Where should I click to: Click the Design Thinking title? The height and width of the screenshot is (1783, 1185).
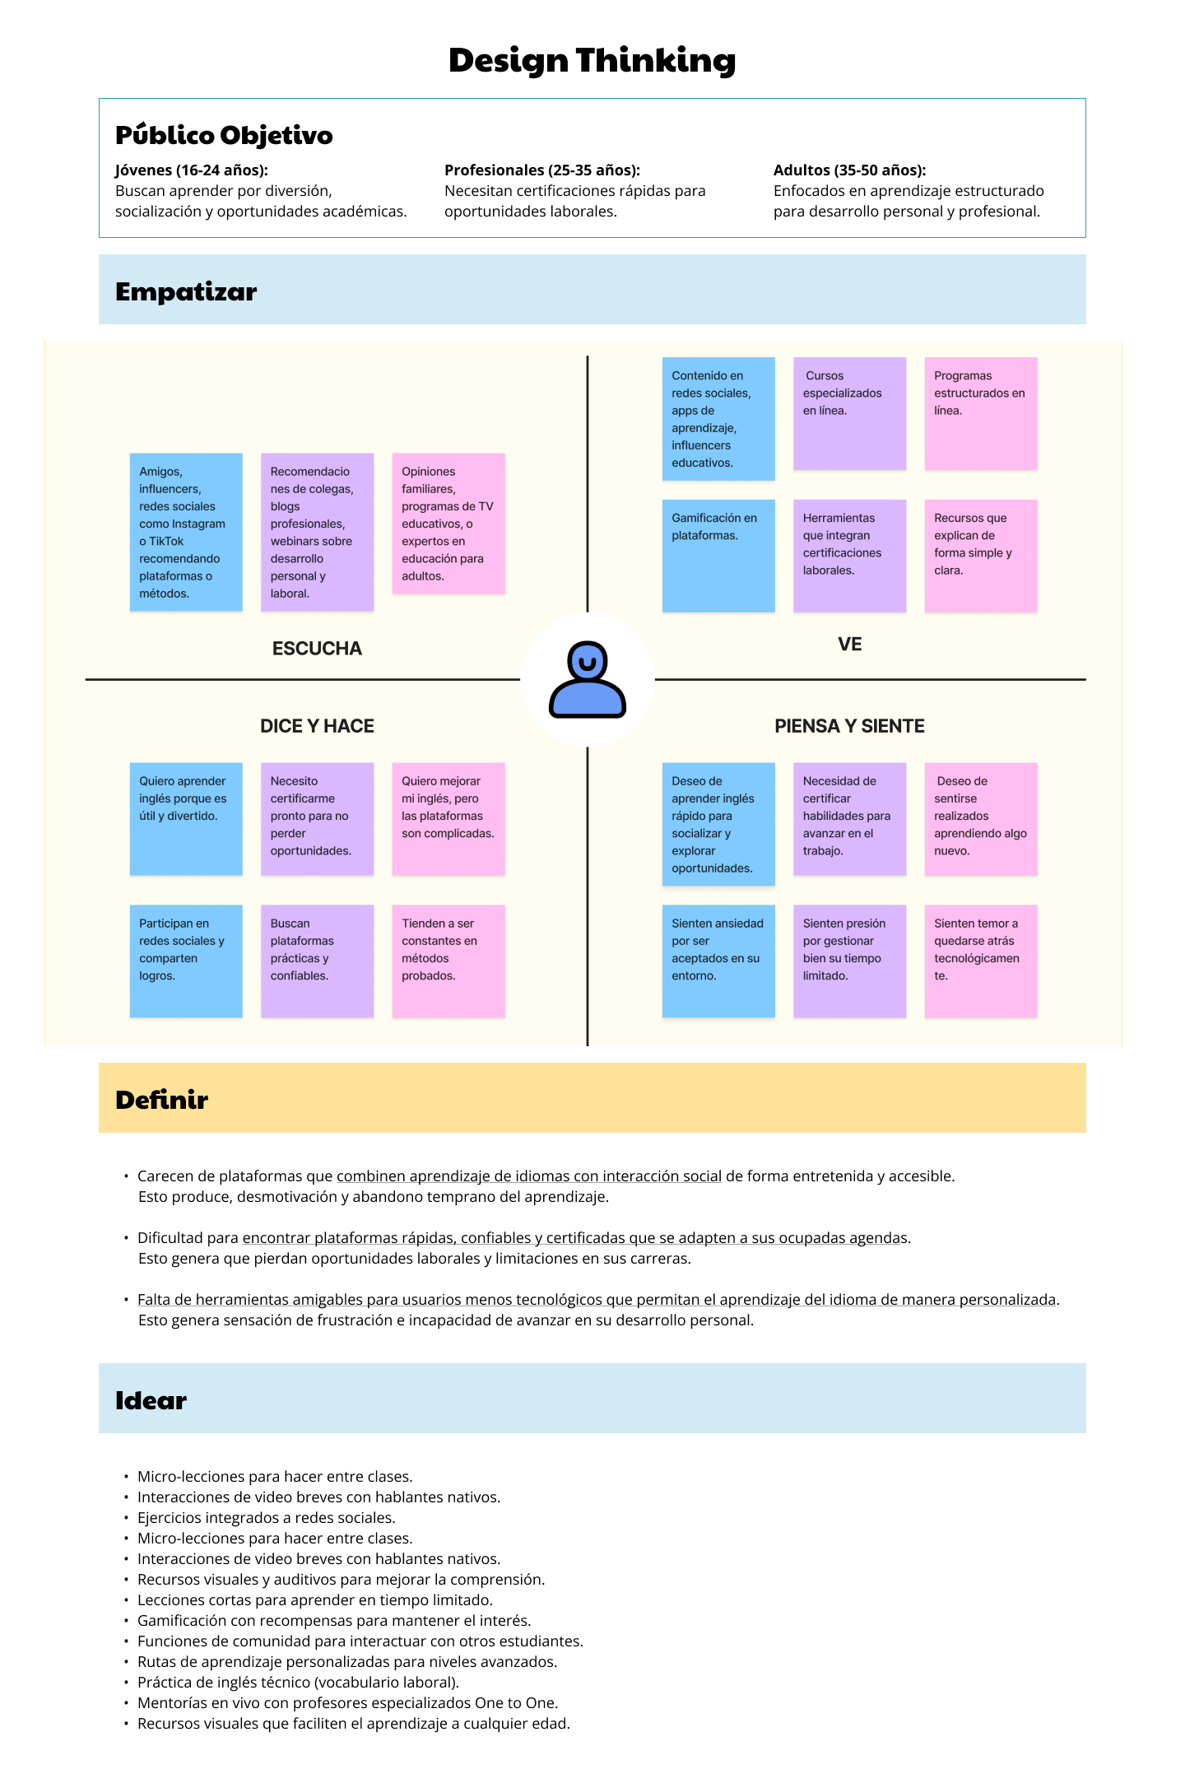coord(592,61)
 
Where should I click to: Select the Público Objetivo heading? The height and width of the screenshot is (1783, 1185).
coord(224,135)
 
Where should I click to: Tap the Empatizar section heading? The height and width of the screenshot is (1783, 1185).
coord(186,291)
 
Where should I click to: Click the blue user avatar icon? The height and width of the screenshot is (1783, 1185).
coord(588,679)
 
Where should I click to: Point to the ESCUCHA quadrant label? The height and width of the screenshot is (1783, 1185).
coord(317,649)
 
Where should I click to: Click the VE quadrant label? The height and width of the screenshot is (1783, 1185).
coord(850,644)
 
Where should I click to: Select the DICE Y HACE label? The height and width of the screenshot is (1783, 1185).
coord(317,726)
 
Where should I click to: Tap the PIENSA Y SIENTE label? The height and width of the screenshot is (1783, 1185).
coord(849,726)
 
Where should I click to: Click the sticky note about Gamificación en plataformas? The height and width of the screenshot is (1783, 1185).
coord(718,556)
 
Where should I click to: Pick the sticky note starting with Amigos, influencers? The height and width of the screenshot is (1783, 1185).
coord(186,532)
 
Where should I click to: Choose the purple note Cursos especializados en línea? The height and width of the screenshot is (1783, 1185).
coord(849,413)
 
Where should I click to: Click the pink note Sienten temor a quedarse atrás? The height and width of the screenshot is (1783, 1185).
coord(981,961)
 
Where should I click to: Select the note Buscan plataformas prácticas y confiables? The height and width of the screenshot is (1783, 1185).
coord(317,961)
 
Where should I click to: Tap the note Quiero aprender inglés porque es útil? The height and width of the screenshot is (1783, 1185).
coord(186,819)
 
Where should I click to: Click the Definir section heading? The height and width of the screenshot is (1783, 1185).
coord(161,1100)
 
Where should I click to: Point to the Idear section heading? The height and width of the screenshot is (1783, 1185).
coord(151,1400)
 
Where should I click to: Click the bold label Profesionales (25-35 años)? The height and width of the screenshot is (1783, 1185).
coord(542,170)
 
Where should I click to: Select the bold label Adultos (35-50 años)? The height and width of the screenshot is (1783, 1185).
coord(850,170)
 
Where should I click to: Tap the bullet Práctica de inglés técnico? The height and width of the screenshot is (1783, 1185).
coord(298,1683)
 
